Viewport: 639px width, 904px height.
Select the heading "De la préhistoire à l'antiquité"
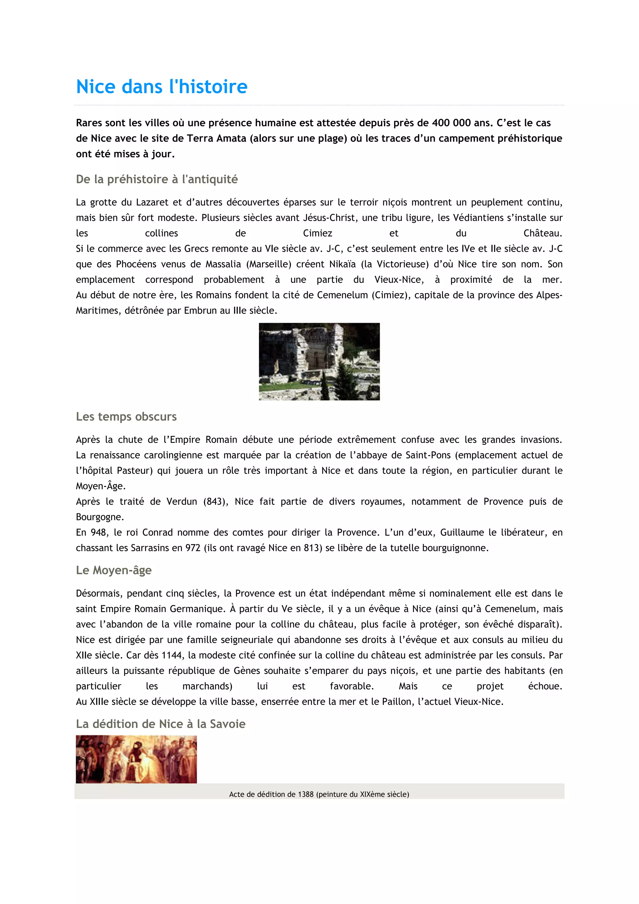[x=157, y=179]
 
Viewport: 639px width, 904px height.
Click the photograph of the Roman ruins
[x=319, y=361]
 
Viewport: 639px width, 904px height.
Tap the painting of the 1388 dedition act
[x=136, y=759]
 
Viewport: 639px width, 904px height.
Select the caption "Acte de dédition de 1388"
[x=319, y=794]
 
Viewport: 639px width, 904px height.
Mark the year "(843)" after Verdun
[x=216, y=502]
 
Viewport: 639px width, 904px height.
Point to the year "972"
[x=193, y=548]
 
